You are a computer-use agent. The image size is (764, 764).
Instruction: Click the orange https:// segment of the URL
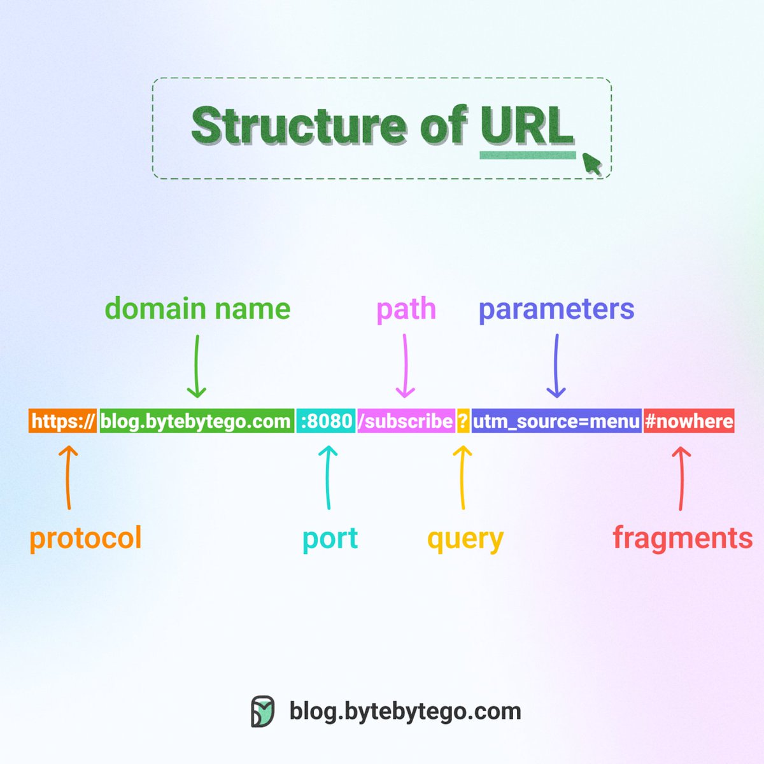[x=62, y=421]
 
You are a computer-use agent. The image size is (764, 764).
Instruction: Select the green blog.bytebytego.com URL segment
[x=196, y=421]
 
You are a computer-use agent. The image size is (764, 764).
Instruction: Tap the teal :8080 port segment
[x=326, y=421]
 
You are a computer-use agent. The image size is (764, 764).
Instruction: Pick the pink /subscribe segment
[x=406, y=421]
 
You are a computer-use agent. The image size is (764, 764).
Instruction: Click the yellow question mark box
[x=463, y=421]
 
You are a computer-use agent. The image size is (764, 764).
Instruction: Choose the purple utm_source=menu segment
[x=556, y=421]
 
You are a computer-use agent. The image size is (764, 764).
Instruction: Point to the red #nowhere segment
[x=689, y=421]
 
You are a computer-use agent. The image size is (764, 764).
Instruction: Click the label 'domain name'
[x=197, y=309]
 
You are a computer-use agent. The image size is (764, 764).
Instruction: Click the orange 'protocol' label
[x=85, y=539]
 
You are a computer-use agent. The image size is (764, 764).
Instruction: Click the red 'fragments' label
[x=683, y=538]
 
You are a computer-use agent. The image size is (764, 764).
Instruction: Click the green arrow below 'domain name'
[x=197, y=367]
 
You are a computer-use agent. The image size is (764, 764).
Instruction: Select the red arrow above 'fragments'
[x=681, y=478]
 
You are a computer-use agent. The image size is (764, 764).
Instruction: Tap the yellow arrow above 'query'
[x=463, y=478]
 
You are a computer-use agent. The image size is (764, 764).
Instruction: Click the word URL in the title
[x=527, y=126]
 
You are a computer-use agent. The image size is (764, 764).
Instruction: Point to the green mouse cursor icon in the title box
[x=592, y=164]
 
